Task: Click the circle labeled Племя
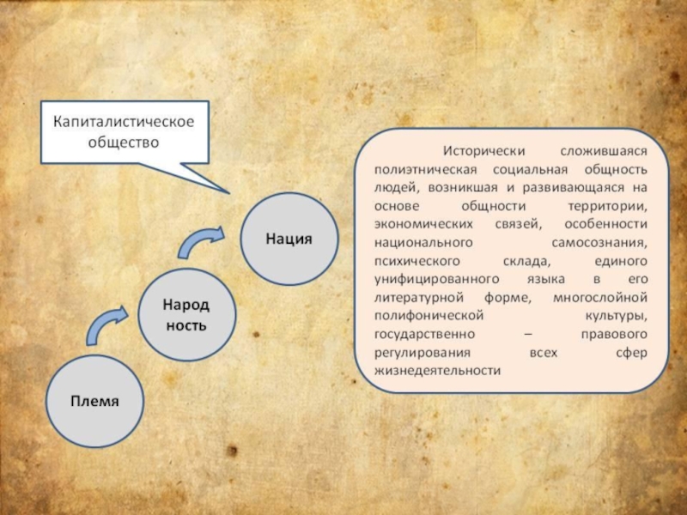[x=94, y=401]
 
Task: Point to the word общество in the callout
[x=125, y=143]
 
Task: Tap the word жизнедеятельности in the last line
[x=437, y=371]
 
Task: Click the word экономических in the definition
[x=420, y=225]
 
